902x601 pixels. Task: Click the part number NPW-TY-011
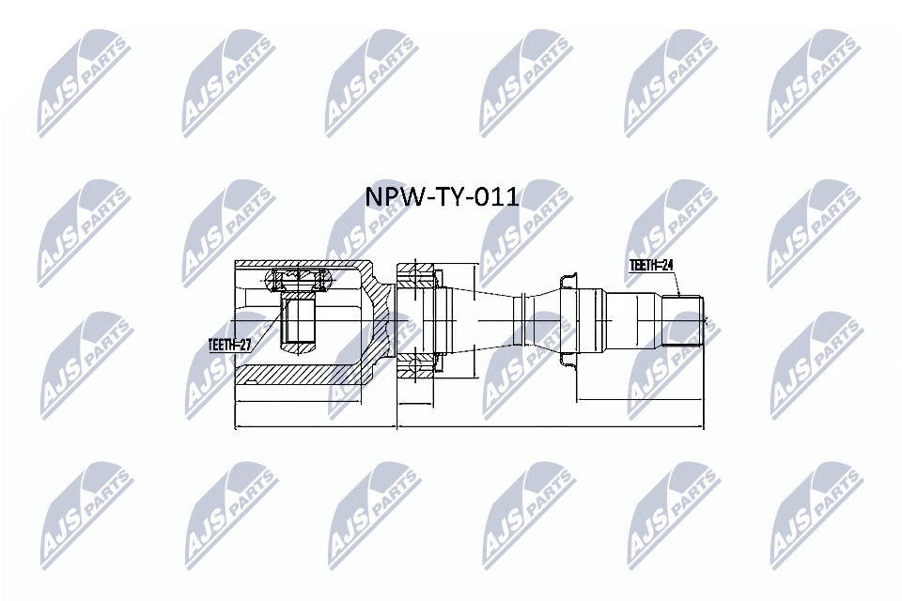coord(441,197)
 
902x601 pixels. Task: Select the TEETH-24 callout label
coord(651,267)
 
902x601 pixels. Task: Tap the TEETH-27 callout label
coord(229,345)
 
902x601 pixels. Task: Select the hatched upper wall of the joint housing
coord(301,263)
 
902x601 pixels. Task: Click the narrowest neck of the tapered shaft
coord(520,320)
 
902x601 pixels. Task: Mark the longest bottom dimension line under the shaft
coord(550,428)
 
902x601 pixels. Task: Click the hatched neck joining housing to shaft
coord(380,319)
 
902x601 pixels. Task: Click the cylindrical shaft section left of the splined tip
coord(634,320)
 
